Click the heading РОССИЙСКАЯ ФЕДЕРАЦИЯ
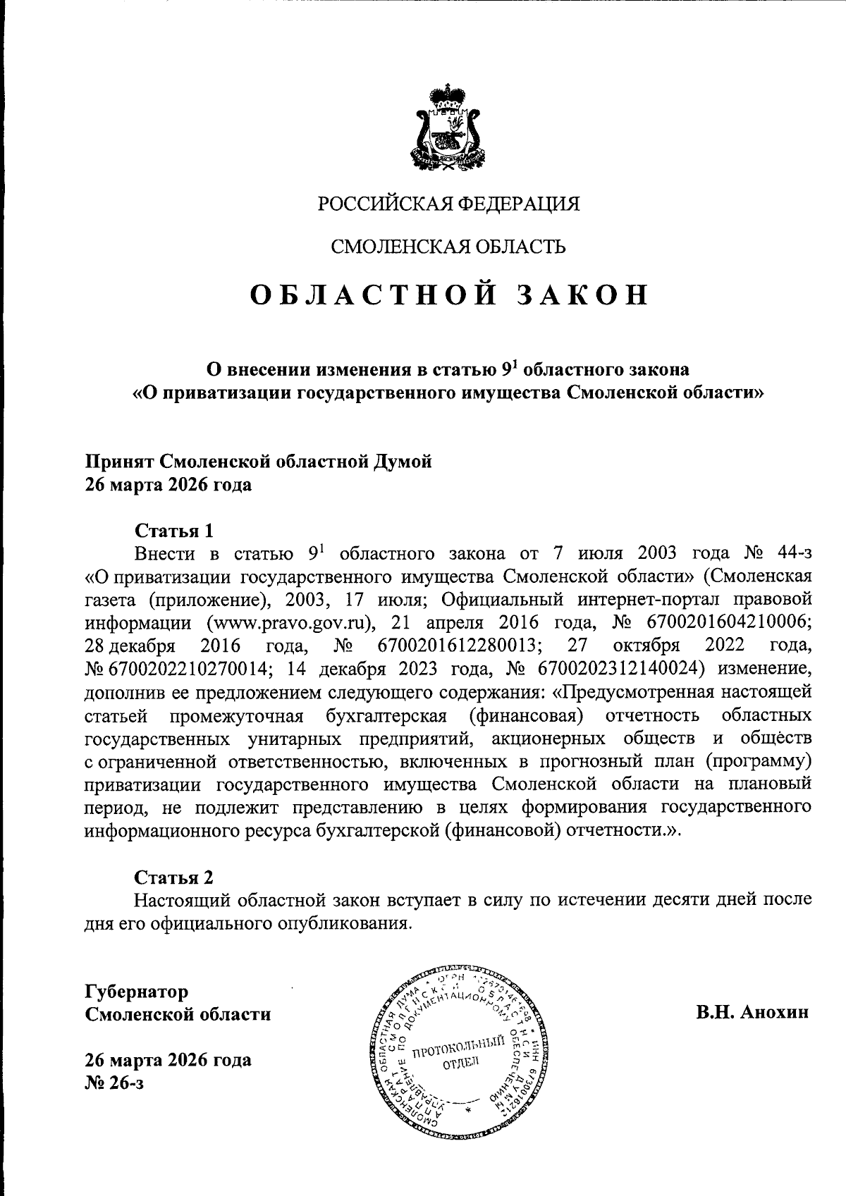449,204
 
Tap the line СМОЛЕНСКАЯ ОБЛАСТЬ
448,247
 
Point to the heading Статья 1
173,530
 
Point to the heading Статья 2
173,877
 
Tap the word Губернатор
137,992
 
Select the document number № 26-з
114,1083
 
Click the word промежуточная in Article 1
236,715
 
